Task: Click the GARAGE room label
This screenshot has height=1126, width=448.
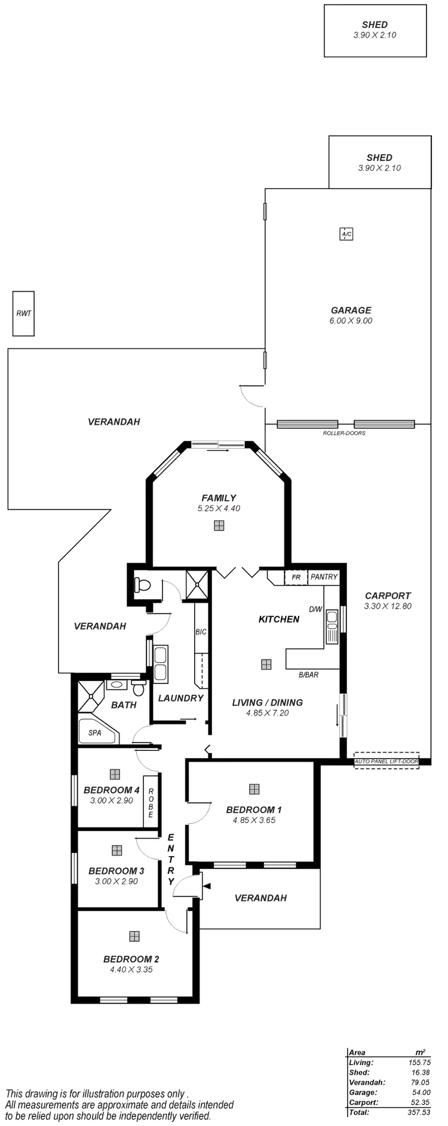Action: [x=351, y=310]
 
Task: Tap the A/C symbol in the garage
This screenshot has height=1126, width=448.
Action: [x=346, y=235]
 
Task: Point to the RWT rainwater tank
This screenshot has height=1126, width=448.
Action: [x=24, y=313]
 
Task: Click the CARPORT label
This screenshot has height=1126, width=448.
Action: [x=388, y=596]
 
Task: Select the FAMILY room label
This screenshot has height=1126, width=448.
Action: [x=219, y=498]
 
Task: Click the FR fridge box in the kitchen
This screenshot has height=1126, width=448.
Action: [x=296, y=578]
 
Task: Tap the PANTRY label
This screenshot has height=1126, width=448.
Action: [x=324, y=577]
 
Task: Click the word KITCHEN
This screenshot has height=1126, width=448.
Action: [x=278, y=619]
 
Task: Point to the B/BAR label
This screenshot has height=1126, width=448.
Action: [x=308, y=676]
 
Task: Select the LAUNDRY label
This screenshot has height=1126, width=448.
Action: [x=181, y=698]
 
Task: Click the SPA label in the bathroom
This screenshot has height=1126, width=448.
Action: [x=94, y=731]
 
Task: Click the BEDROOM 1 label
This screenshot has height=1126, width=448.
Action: [x=254, y=810]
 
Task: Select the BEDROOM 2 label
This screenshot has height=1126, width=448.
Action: [x=131, y=959]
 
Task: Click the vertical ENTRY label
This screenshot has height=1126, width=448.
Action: [x=171, y=858]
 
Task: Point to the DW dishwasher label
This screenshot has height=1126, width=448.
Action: [x=315, y=609]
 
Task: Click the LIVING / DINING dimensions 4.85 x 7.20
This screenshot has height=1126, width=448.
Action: [x=268, y=713]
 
